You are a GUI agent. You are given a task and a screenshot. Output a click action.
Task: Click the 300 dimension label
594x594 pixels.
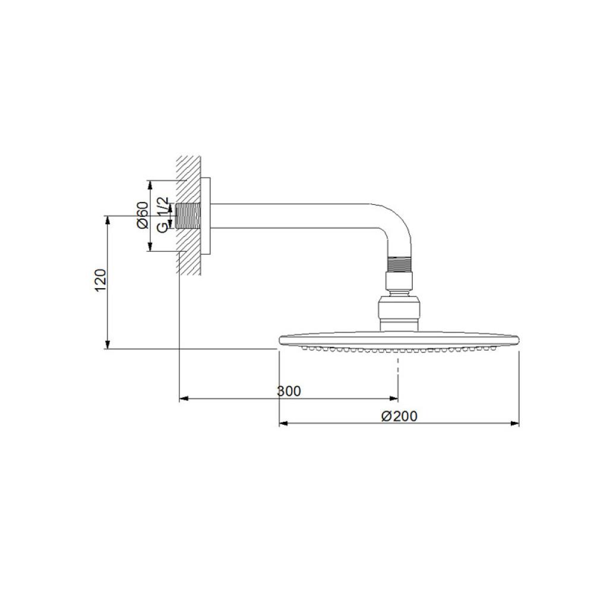click(x=289, y=391)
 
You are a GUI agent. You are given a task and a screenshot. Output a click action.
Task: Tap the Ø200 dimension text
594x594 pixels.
click(x=399, y=416)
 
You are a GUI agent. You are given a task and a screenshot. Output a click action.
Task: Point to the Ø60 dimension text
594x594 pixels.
click(x=143, y=215)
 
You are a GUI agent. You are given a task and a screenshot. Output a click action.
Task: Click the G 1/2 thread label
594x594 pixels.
click(x=162, y=214)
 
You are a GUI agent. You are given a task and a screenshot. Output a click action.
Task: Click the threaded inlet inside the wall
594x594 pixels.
click(x=188, y=216)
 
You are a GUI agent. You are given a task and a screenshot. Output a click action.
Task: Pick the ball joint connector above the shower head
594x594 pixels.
click(x=399, y=309)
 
